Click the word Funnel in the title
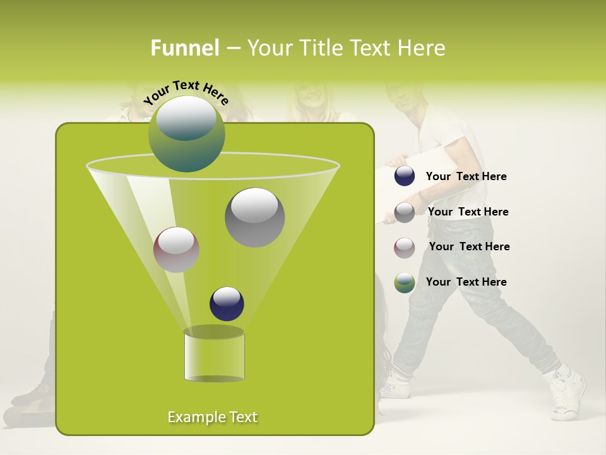(x=184, y=48)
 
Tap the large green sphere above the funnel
(x=186, y=134)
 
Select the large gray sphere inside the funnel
(x=254, y=217)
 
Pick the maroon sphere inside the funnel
(x=176, y=250)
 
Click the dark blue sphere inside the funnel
(x=227, y=304)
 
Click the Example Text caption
(x=213, y=417)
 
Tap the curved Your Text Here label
(x=186, y=92)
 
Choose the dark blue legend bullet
(x=404, y=176)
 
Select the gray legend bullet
(x=404, y=212)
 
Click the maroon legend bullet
(x=404, y=247)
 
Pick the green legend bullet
(x=404, y=282)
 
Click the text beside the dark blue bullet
(x=466, y=177)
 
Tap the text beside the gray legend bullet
(x=468, y=212)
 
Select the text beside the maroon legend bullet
(x=469, y=247)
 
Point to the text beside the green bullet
(x=466, y=282)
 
